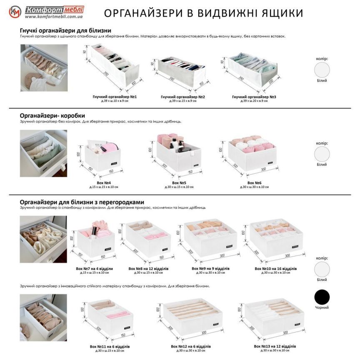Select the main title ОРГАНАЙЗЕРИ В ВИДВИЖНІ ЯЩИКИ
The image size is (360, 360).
203,13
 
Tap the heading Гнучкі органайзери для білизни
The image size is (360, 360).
65,31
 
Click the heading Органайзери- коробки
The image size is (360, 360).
52,115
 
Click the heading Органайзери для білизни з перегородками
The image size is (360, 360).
82,202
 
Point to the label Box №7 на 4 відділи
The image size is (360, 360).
95,268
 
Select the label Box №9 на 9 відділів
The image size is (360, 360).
210,268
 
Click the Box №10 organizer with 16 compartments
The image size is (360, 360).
275,240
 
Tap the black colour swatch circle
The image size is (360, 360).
322,297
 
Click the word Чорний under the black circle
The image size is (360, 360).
322,307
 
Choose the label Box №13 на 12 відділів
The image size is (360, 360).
275,346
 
